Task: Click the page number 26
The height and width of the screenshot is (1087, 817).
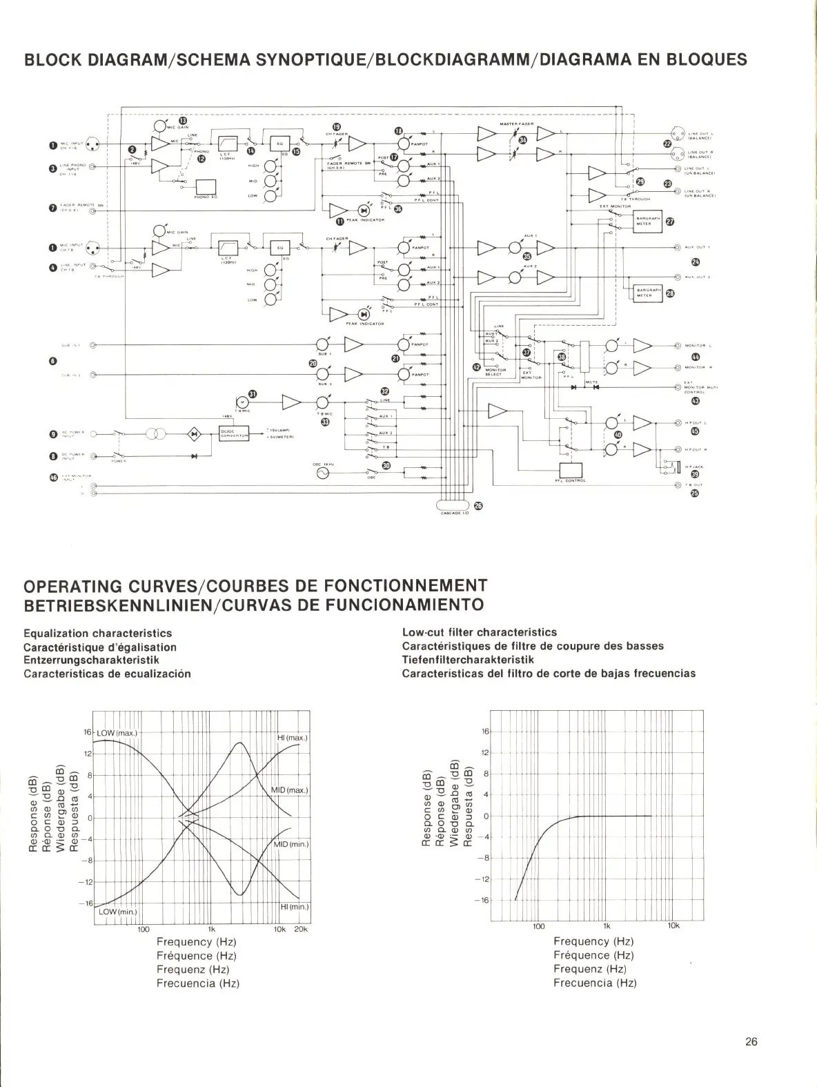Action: click(751, 1042)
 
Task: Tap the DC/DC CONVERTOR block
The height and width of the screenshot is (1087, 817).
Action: click(233, 434)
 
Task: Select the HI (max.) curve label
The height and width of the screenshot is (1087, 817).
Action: click(292, 738)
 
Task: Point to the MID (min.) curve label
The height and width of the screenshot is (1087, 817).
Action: click(291, 844)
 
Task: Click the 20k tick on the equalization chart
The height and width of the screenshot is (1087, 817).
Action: click(301, 929)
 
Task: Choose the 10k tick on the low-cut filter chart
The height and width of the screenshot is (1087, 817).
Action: click(673, 926)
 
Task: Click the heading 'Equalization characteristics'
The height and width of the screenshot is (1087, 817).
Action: click(98, 633)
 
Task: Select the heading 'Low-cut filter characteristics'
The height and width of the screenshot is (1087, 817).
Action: click(479, 632)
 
